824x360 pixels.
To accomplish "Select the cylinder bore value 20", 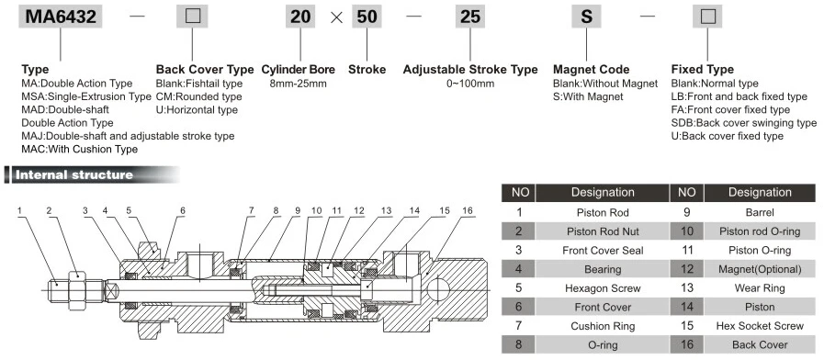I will click(301, 17).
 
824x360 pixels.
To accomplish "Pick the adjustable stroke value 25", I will click(469, 17).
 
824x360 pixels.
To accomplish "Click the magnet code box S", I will click(587, 17).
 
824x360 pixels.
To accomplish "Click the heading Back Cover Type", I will click(204, 69).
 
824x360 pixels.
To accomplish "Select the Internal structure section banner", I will click(73, 174).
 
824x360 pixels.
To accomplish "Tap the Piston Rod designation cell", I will click(603, 211).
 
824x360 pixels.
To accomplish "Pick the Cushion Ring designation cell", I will click(603, 325).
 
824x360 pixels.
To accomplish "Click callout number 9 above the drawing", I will click(297, 210).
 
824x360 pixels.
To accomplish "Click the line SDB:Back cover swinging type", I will click(743, 122).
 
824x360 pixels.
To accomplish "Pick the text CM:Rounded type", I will click(198, 96).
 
